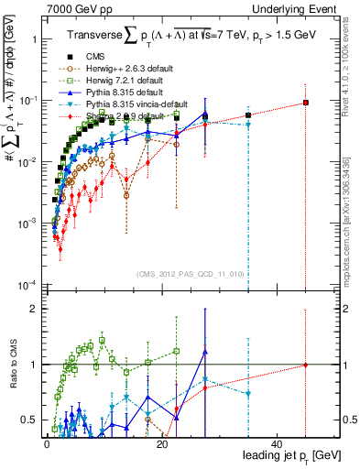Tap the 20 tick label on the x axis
pos(162,443)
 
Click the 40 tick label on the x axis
pos(278,443)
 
